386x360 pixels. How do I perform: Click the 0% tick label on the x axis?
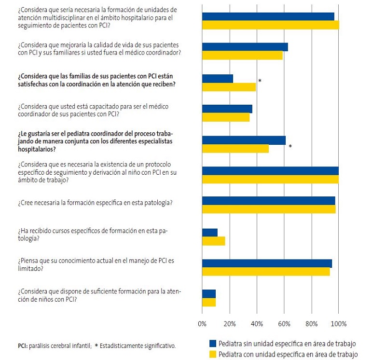click(203, 323)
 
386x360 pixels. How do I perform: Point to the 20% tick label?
click(230, 323)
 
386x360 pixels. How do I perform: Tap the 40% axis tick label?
click(257, 323)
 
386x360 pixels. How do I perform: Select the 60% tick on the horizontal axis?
click(285, 323)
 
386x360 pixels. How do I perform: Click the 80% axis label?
click(312, 323)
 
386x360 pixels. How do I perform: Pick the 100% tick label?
click(338, 323)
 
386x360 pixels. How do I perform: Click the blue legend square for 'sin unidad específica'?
click(212, 344)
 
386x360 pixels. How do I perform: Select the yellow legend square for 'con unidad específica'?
click(212, 354)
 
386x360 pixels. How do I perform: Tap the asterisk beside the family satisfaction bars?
click(260, 81)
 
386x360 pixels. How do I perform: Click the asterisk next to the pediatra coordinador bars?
click(290, 146)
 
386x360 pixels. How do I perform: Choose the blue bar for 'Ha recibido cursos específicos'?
click(210, 232)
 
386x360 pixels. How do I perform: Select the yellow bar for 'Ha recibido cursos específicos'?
click(214, 241)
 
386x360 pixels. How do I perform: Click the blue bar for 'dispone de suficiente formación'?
click(209, 293)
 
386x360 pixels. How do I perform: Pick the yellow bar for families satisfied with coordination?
click(229, 87)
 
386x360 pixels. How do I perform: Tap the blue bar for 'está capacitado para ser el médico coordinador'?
click(227, 109)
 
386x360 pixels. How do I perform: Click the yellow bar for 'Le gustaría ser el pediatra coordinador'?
click(235, 149)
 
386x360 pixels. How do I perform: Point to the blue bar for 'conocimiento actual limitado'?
click(267, 263)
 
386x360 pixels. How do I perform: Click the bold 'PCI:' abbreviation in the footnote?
click(22, 346)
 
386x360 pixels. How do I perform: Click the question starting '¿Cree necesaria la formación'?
click(95, 203)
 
